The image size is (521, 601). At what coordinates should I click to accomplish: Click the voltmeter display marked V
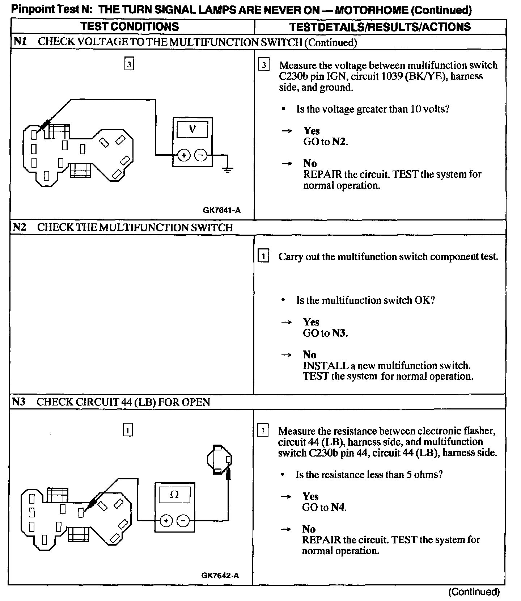192,129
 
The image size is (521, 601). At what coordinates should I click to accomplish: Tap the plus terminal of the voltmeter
184,155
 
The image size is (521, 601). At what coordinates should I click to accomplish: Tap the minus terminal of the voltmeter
201,155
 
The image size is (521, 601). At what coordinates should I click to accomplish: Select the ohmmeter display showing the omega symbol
174,495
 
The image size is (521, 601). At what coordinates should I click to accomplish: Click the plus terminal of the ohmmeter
166,521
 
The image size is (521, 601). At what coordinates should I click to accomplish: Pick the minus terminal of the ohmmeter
183,521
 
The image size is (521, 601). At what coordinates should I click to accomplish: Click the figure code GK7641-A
221,210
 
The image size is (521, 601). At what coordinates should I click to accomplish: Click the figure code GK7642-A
220,576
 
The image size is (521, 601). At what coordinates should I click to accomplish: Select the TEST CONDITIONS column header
130,26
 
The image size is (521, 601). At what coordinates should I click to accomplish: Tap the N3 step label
19,402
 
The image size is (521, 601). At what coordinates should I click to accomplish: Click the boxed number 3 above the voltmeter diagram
129,64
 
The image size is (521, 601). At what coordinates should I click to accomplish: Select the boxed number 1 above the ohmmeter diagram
128,430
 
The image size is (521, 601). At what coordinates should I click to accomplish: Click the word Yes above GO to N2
312,131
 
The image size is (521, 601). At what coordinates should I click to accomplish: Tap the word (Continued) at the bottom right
474,592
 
